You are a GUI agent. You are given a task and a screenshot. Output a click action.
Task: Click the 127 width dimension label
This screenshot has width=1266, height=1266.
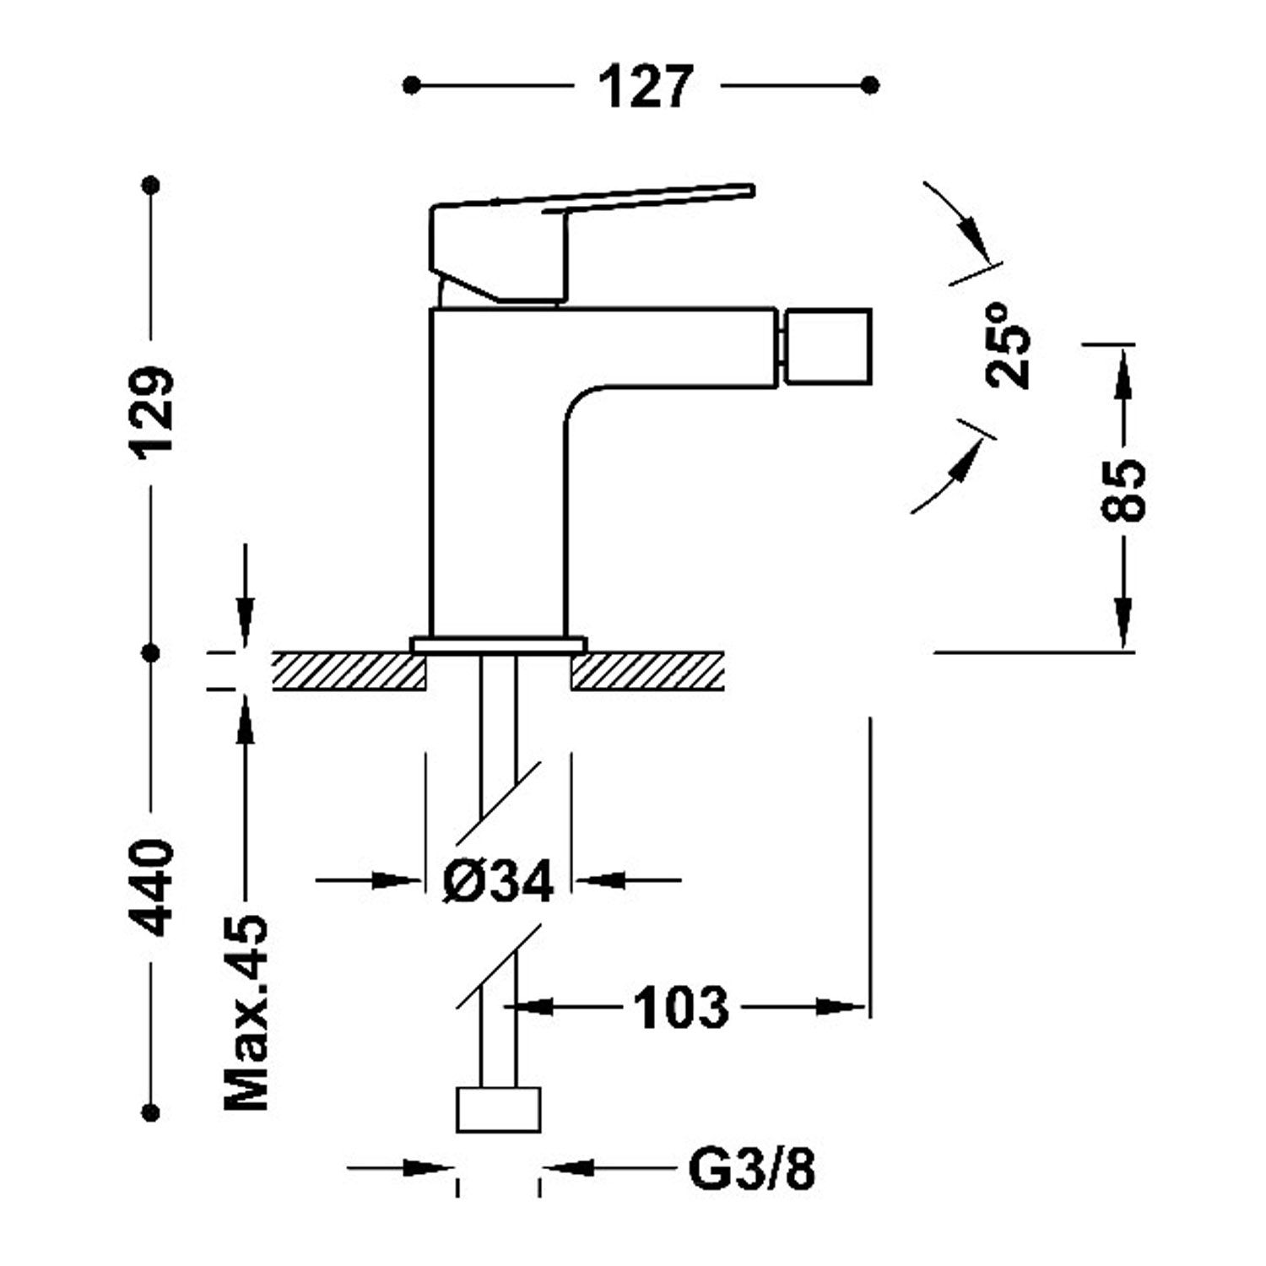pyautogui.click(x=646, y=86)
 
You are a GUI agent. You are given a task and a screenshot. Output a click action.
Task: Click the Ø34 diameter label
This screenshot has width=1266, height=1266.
pyautogui.click(x=498, y=882)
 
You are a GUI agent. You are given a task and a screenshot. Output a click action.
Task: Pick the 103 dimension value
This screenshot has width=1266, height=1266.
pyautogui.click(x=680, y=1007)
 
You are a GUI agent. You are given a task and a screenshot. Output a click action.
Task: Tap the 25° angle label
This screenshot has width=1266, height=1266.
pyautogui.click(x=1008, y=346)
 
